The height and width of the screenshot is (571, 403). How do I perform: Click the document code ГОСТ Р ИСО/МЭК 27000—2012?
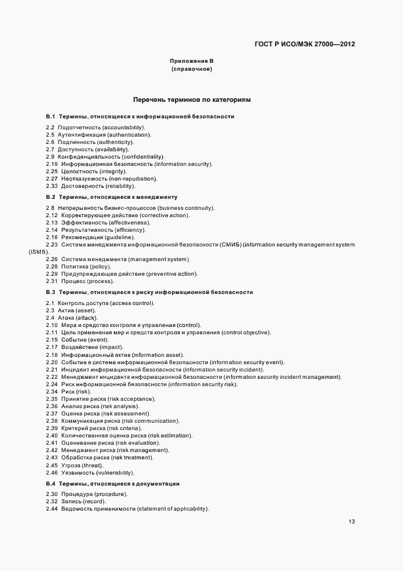(304, 45)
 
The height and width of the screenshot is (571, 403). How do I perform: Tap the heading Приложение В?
(191, 62)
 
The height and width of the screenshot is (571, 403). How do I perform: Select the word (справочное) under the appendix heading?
(191, 70)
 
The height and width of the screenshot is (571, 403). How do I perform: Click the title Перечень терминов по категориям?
(191, 99)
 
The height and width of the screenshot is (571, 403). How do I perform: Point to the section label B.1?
(51, 116)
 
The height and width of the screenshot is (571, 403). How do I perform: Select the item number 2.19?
(51, 164)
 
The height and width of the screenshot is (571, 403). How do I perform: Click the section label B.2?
(51, 197)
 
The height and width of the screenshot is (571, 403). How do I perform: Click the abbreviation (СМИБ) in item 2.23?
(231, 245)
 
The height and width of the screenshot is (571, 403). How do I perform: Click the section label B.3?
(51, 292)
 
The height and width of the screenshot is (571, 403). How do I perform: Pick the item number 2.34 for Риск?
(51, 391)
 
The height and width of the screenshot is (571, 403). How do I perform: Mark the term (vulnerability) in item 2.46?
(113, 472)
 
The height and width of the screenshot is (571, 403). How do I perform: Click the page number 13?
(352, 522)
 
